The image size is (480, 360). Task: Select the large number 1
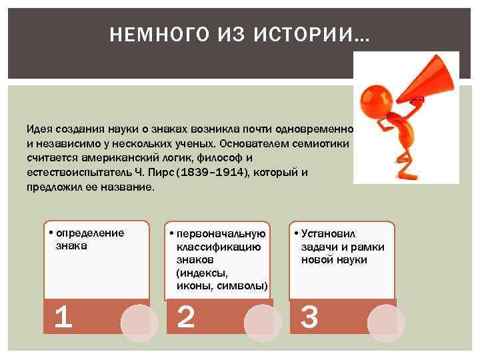pyautogui.click(x=63, y=317)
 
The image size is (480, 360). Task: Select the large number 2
pyautogui.click(x=186, y=317)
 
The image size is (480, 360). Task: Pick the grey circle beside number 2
pyautogui.click(x=264, y=323)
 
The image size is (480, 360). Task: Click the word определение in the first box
pyautogui.click(x=90, y=233)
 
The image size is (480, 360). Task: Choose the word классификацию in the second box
pyautogui.click(x=218, y=247)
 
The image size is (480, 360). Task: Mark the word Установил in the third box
pyautogui.click(x=329, y=233)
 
